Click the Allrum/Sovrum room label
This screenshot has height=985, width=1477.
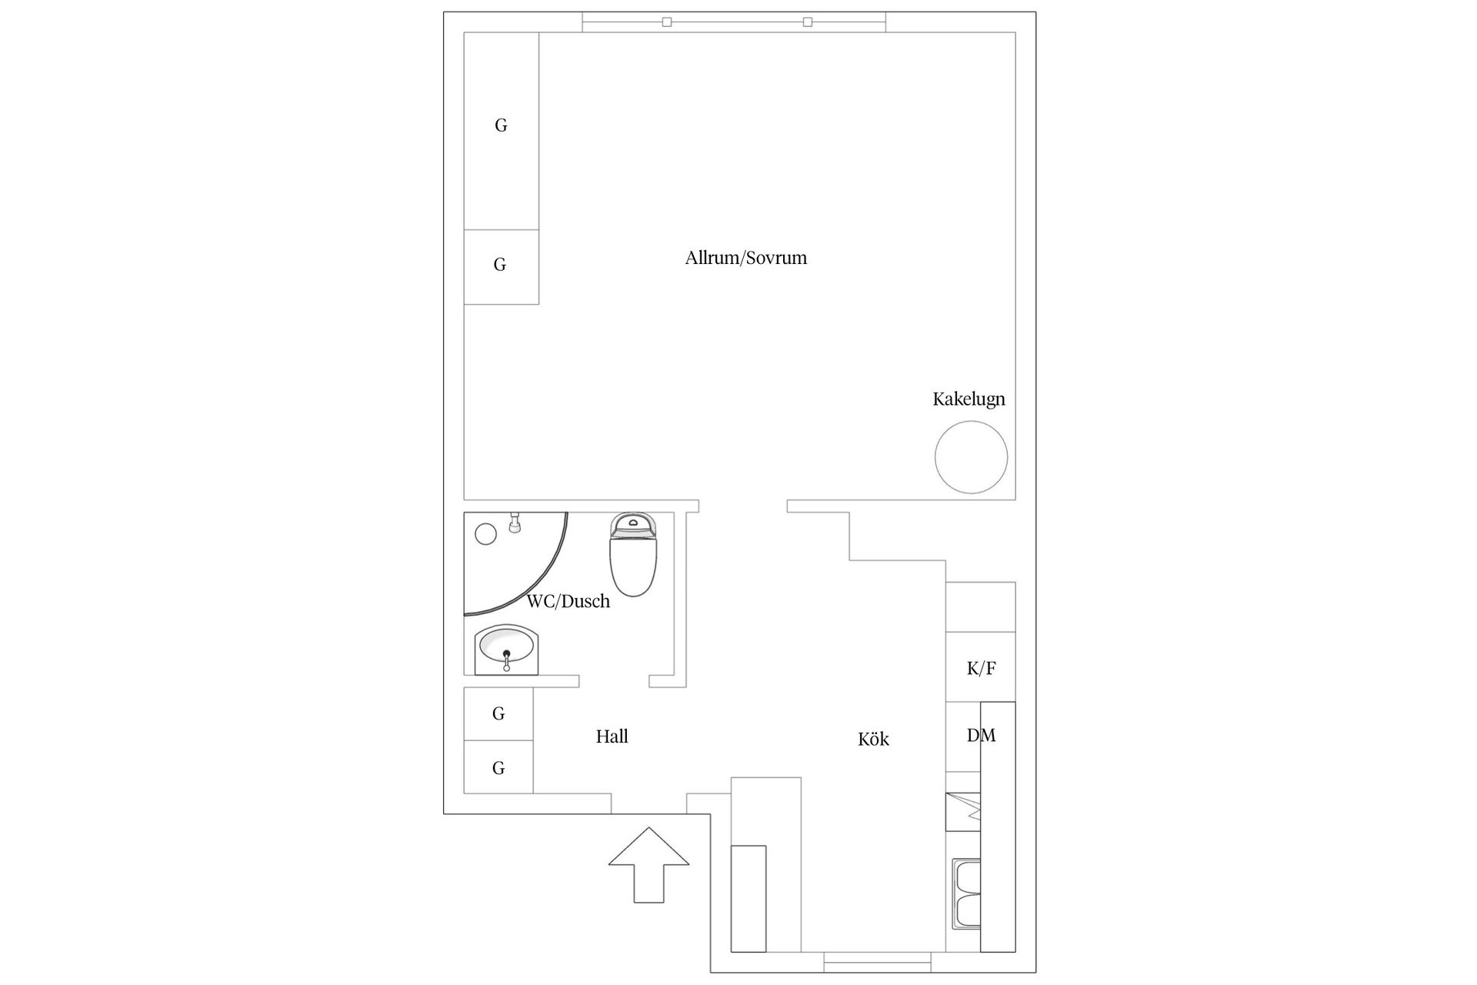coord(745,258)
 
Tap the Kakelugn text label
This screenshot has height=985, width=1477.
coord(969,399)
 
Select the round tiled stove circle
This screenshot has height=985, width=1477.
coord(971,457)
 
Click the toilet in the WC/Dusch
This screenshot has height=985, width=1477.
coord(633,555)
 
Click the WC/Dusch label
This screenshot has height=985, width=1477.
coord(568,602)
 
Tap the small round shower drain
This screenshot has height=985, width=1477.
coord(485,534)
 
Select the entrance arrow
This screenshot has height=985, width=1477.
coord(648,864)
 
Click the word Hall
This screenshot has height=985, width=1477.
coord(612,736)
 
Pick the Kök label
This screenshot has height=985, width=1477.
coord(873,740)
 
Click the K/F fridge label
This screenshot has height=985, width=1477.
coord(981,669)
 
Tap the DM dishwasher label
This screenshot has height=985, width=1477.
coord(981,736)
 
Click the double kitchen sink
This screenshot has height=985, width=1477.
coord(966,893)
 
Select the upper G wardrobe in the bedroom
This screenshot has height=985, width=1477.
coord(501,131)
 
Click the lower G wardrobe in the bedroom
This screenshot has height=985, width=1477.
coord(501,266)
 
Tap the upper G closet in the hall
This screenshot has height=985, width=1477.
coord(498,714)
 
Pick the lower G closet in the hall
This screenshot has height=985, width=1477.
coord(498,767)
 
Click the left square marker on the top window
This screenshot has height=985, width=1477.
coord(667,22)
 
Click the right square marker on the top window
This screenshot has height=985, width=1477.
coord(807,22)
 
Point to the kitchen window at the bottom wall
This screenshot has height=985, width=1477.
coord(878,962)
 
